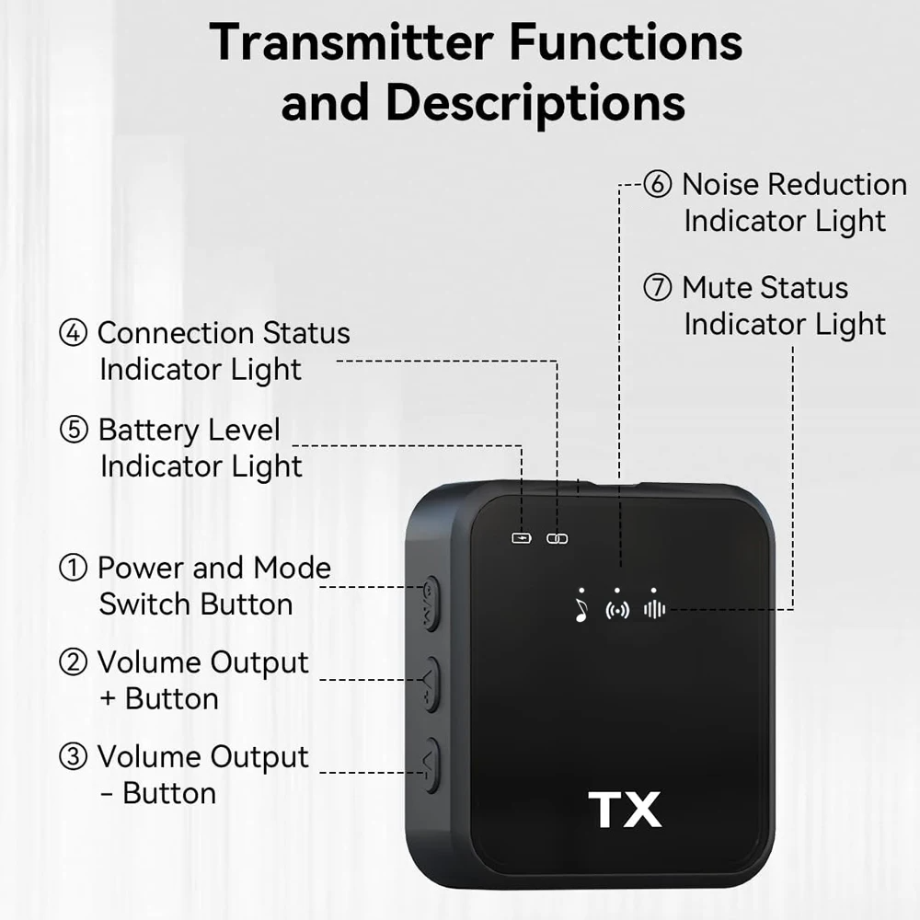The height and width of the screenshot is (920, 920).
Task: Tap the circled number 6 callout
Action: pos(657,184)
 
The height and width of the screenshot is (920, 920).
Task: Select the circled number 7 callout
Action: pos(657,287)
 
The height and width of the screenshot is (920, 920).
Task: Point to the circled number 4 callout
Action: pos(73,333)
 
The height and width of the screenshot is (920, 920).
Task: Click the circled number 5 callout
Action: pos(74,429)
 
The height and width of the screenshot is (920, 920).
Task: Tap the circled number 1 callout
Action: pos(73,568)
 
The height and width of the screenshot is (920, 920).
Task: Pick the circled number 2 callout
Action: pos(73,661)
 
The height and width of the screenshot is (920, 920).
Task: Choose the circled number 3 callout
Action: pos(73,756)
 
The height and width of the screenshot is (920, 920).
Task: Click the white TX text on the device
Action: pos(625,810)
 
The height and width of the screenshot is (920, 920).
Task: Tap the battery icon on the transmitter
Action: pos(522,538)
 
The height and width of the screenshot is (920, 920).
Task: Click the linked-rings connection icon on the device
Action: pos(557,538)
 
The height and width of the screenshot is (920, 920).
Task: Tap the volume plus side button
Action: pos(431,684)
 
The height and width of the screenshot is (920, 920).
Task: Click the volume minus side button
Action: pos(431,765)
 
